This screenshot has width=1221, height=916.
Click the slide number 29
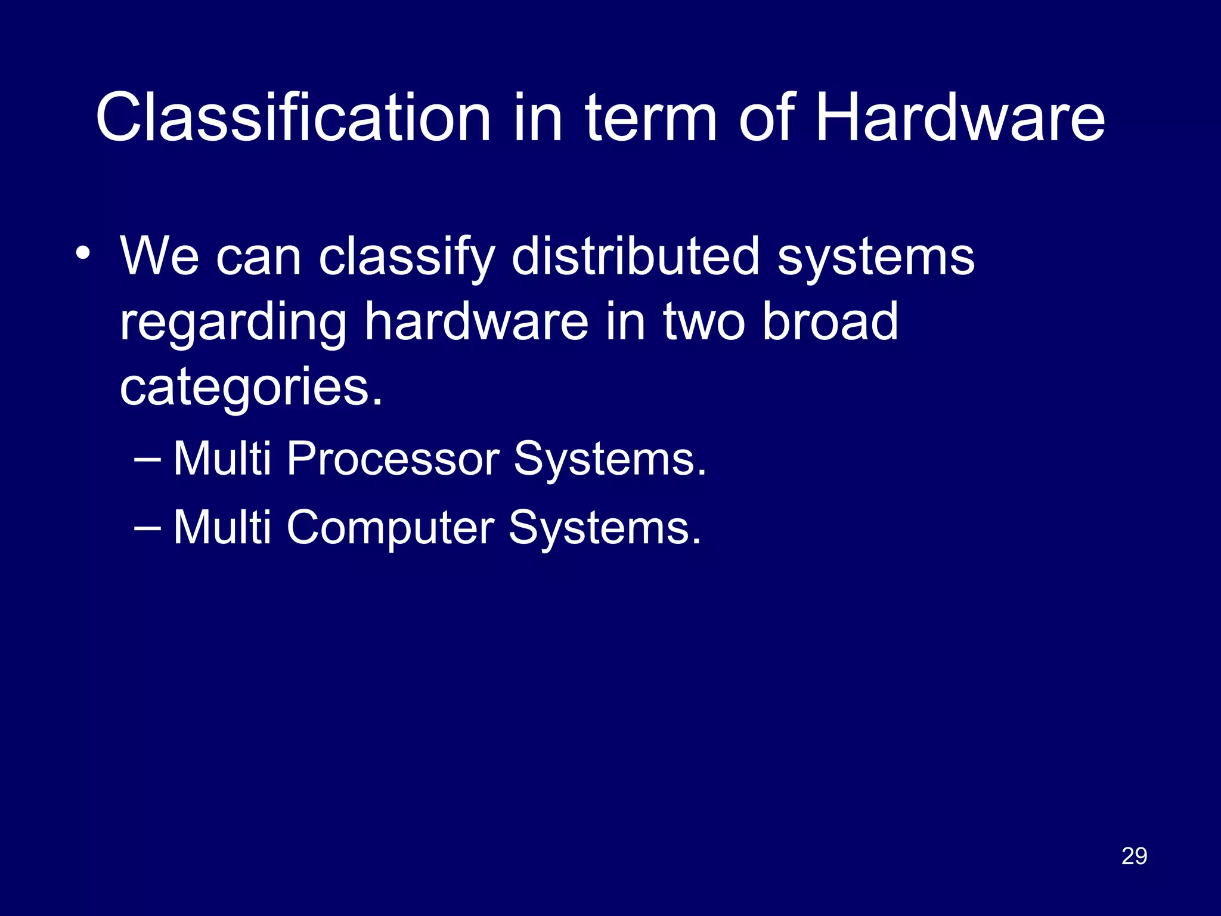1134,856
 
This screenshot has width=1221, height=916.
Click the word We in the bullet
159,256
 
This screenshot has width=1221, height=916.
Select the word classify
407,258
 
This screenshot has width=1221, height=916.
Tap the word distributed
635,256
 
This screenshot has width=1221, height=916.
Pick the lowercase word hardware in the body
476,322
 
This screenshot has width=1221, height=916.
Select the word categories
250,388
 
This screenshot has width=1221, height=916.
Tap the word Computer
390,528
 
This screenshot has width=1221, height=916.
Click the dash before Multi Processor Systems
147,459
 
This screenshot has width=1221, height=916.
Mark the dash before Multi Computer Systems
147,528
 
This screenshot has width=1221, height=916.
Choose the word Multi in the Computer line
222,527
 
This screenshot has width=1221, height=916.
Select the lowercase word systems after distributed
876,258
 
